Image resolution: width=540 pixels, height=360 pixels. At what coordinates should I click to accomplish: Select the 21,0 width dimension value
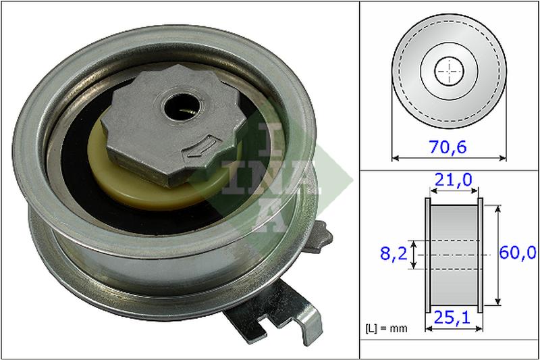coord(454,180)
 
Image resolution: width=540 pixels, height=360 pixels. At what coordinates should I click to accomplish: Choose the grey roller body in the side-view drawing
coord(454,255)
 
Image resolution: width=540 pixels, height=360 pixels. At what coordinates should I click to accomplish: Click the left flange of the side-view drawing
coord(427,255)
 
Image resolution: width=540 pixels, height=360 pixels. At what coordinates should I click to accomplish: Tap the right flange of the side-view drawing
coord(481,255)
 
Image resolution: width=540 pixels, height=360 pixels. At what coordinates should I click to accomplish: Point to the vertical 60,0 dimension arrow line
coord(499,255)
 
